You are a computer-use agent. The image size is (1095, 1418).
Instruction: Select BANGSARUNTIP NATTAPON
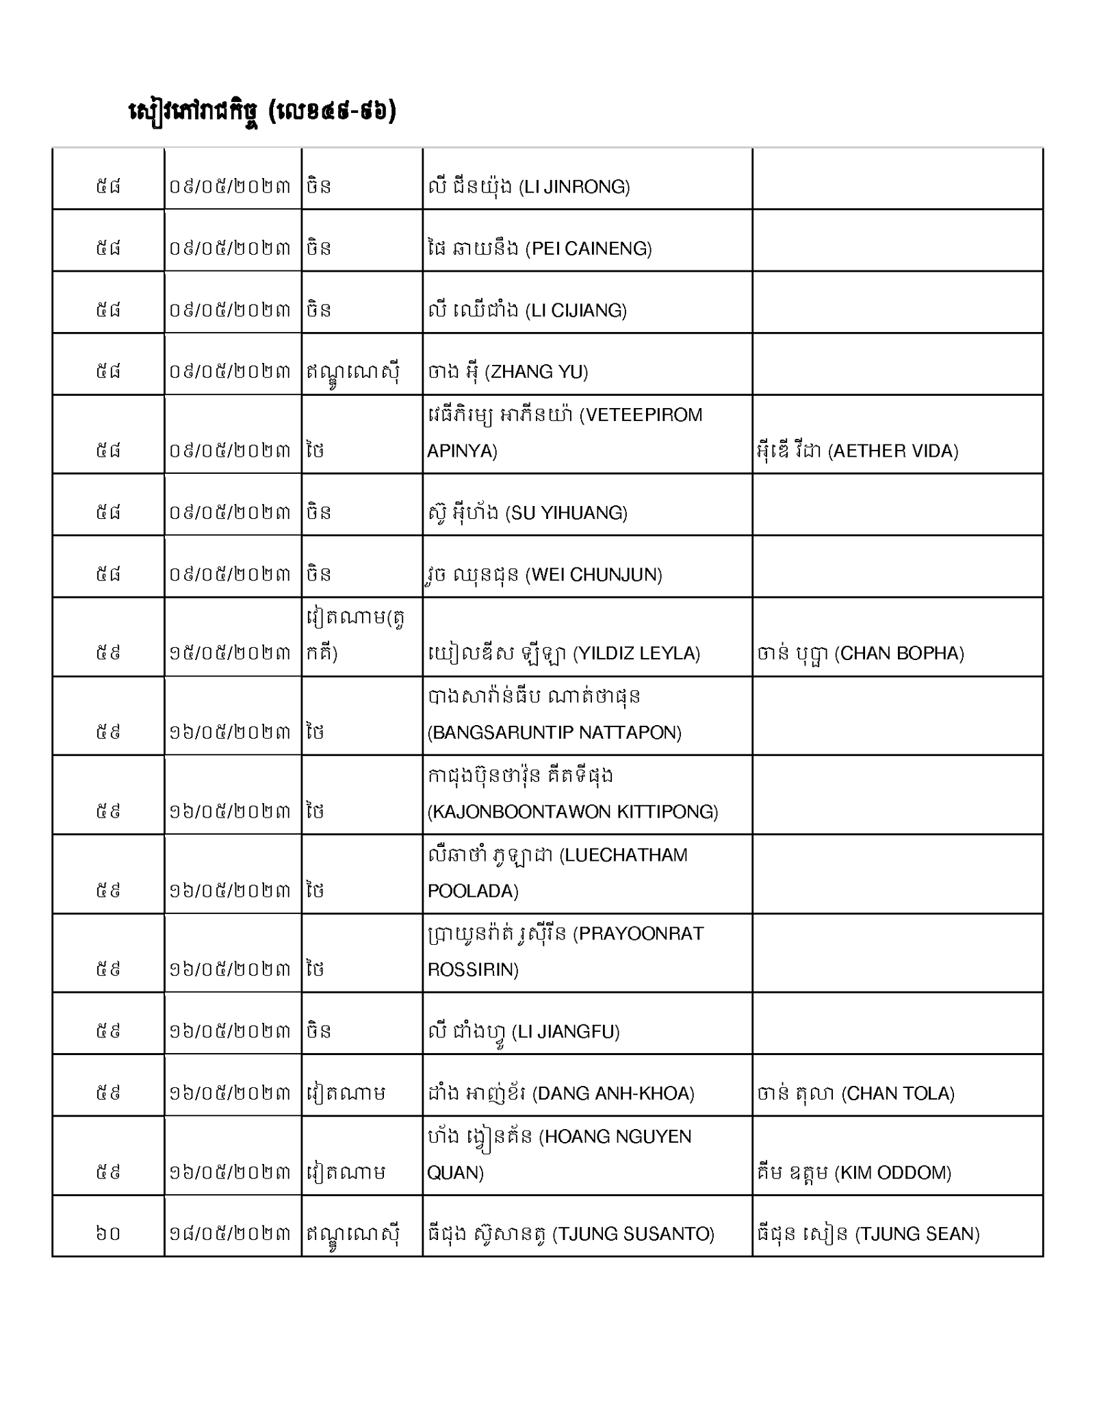tap(554, 732)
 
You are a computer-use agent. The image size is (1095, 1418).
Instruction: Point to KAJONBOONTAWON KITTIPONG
tap(572, 811)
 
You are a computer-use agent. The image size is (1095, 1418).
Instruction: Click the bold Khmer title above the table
tap(263, 112)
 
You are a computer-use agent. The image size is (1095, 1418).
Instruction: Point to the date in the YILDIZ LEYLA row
tap(230, 653)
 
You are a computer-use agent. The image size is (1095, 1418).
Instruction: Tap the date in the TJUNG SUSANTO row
tap(230, 1234)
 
